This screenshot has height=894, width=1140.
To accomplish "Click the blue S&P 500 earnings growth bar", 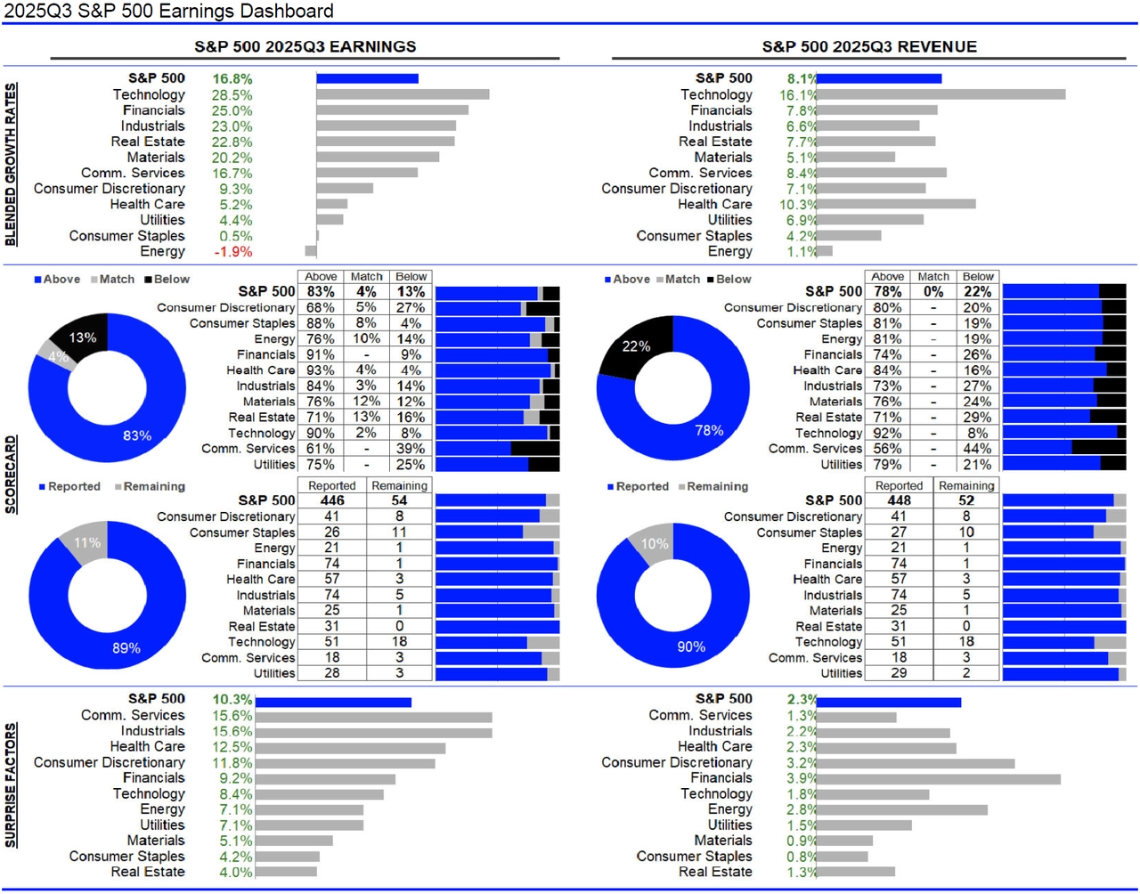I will (367, 78).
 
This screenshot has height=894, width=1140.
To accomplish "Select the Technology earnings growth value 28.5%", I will (232, 94).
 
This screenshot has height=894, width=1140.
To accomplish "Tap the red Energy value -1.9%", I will (232, 252).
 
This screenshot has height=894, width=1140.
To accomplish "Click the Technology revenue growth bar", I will (940, 94).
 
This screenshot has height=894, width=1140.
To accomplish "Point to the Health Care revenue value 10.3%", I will (798, 205).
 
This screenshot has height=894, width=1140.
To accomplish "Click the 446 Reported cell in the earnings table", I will (331, 500).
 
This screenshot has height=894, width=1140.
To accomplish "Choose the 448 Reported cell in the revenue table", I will (899, 500).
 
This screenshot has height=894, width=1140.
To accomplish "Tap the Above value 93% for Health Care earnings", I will (321, 370).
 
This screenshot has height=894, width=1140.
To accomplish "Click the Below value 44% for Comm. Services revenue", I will (977, 449).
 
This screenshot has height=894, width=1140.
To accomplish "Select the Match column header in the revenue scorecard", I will (932, 277).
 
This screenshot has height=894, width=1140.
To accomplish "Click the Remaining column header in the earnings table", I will (399, 486).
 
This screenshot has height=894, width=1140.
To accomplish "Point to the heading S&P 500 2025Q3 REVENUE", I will (868, 46).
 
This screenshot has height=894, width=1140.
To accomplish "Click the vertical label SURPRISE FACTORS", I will (11, 784).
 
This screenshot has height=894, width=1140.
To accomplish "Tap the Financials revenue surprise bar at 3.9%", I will (938, 779).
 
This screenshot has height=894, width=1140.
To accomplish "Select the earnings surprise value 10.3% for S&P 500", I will (232, 700).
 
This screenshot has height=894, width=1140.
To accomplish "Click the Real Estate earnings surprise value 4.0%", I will (235, 873).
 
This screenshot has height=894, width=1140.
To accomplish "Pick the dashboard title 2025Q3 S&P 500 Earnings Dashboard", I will (168, 12).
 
